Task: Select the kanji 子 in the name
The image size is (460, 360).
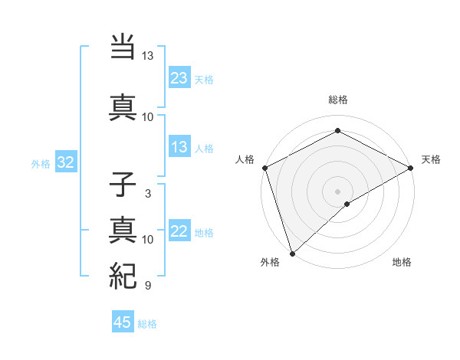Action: [123, 185]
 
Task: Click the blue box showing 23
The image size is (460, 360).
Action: [179, 77]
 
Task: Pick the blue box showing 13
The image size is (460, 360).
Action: [179, 147]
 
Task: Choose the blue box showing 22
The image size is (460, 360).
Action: [179, 231]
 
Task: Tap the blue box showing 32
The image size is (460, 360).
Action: [65, 162]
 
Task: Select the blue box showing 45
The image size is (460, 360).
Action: [123, 322]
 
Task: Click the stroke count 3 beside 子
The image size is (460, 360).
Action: [147, 194]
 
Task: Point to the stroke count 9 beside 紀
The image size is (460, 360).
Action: [147, 286]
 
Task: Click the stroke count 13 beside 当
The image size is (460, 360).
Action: [147, 56]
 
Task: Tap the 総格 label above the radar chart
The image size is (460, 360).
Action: [338, 100]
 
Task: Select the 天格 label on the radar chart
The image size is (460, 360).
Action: [431, 159]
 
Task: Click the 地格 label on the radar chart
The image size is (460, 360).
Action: [402, 263]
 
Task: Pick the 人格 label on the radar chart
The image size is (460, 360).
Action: [245, 159]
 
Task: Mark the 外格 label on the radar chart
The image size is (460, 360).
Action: [270, 263]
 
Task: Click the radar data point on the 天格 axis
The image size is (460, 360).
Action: [411, 168]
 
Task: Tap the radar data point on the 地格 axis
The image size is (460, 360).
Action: [347, 204]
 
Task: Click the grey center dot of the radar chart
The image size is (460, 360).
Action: [337, 191]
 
